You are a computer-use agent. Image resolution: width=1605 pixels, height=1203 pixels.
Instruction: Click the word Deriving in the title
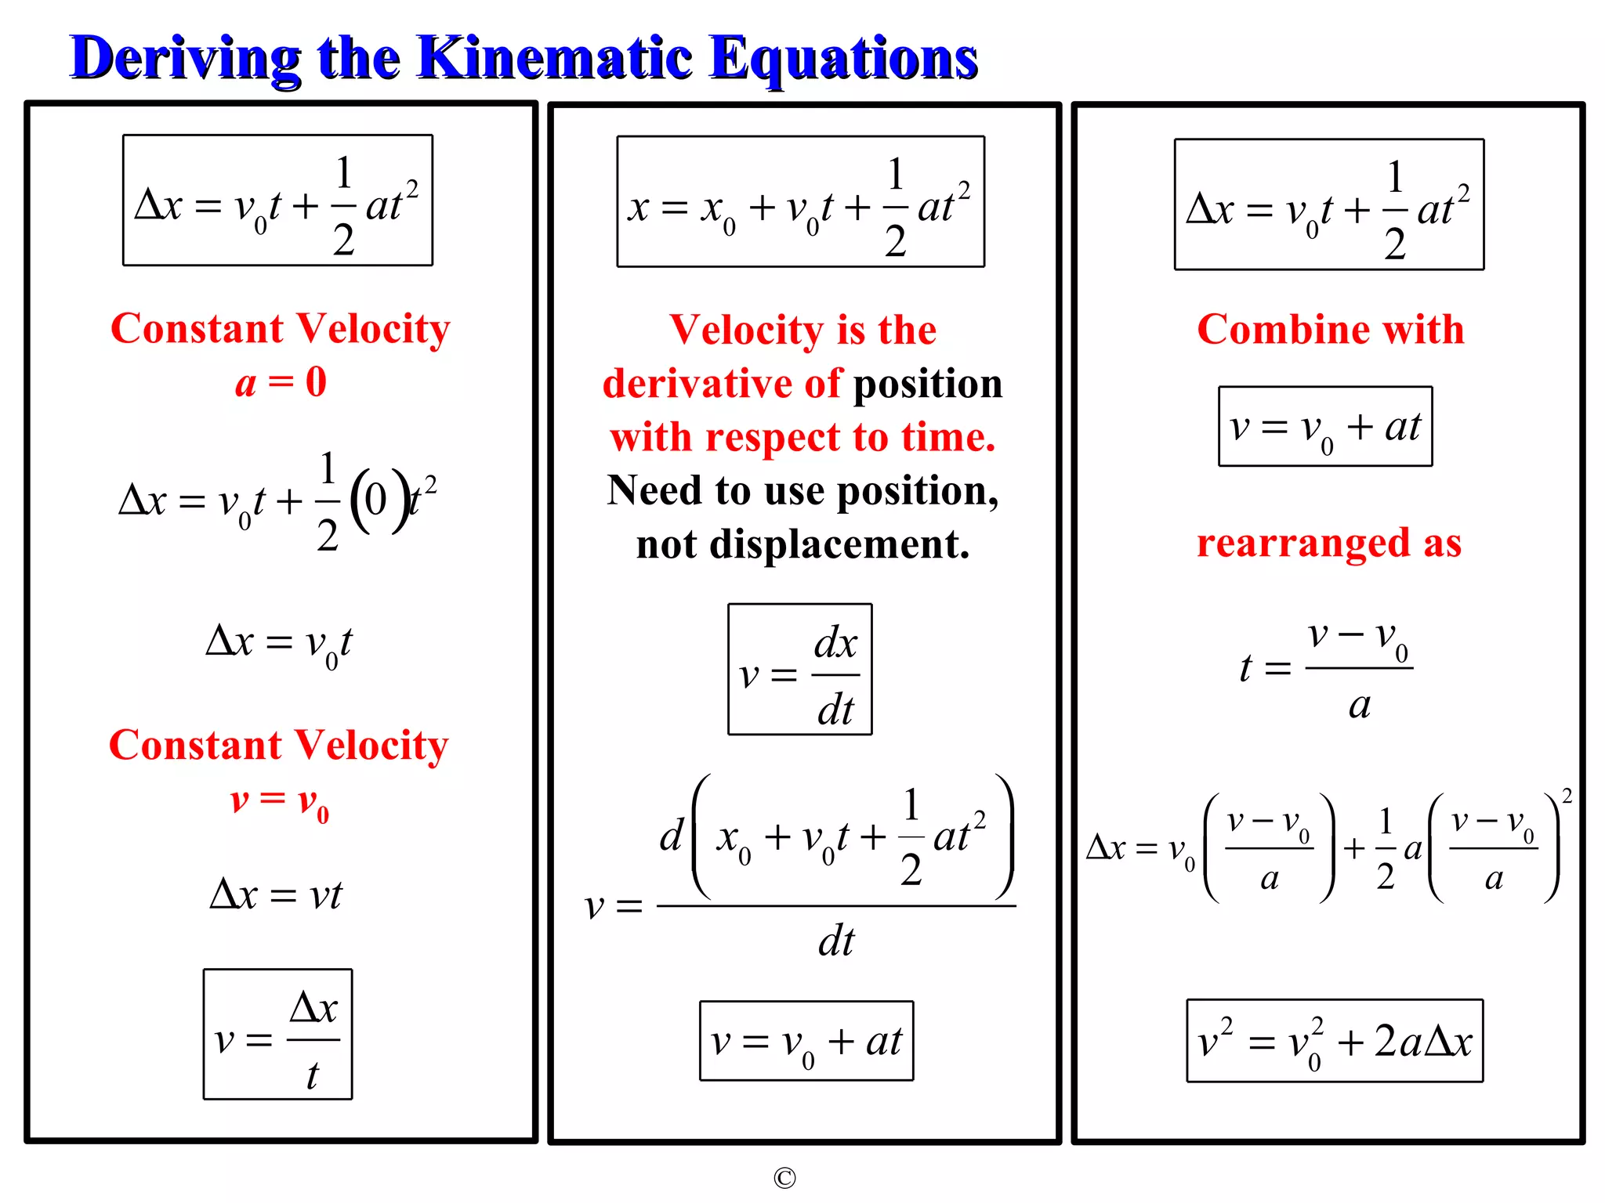pos(185,58)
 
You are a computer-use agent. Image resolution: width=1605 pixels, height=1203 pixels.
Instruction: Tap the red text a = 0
pos(281,383)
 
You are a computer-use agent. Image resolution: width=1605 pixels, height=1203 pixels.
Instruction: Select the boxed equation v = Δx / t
pos(277,1035)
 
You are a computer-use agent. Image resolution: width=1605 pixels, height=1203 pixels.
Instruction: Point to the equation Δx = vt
pos(276,895)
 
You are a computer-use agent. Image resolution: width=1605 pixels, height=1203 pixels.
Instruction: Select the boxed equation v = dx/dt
pos(799,670)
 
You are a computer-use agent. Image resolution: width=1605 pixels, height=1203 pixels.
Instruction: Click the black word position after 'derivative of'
pos(927,385)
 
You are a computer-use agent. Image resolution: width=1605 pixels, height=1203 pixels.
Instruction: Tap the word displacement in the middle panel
pos(839,544)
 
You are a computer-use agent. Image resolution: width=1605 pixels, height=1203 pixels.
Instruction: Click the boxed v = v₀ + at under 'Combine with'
pos(1325,427)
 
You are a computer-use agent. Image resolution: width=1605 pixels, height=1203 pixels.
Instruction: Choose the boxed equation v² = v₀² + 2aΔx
pos(1335,1041)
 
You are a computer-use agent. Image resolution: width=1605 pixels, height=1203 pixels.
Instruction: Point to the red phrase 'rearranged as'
pos(1329,543)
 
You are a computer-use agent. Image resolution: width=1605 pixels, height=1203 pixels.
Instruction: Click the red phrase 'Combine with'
pos(1330,330)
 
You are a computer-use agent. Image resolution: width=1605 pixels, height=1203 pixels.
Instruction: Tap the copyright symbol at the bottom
pos(784,1178)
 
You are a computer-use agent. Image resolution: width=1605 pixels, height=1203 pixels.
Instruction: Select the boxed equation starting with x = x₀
pos(800,202)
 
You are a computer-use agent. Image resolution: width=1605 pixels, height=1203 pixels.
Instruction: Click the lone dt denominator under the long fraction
pos(836,941)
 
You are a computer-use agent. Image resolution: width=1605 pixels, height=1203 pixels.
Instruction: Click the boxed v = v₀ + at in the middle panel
pos(806,1041)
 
